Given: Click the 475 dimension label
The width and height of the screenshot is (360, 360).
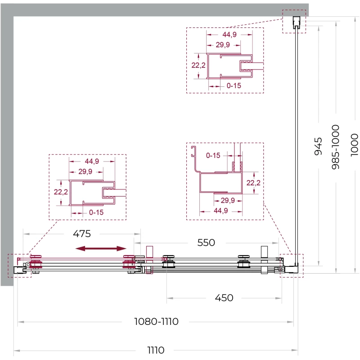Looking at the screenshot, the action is coord(82,234).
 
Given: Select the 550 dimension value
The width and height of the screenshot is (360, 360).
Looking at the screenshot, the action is coord(206,243).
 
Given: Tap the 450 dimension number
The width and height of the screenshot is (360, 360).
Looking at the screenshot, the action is coord(224,298).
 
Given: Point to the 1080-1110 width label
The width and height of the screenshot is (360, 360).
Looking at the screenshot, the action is coord(156,321).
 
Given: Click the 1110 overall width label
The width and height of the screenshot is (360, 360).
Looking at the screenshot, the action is coord(156,350).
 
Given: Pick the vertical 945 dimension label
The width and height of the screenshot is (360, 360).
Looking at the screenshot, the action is coord(318,146).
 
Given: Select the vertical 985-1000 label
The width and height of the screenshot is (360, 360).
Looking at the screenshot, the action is coord(335,147).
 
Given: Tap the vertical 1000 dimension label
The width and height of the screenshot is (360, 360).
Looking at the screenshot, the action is coord(354,145).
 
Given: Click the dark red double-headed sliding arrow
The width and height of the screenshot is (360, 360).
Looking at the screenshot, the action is coord(101,248).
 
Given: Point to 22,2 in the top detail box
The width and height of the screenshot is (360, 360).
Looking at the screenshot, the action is coord(198,65).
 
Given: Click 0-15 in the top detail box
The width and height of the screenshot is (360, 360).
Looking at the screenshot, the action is coord(234,85).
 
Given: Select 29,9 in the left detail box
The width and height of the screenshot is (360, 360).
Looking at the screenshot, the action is coord(85,171).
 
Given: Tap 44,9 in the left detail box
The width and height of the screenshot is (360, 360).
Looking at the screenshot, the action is coord(92,161).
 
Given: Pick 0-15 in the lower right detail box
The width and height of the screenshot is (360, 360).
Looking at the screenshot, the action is coord(213,155).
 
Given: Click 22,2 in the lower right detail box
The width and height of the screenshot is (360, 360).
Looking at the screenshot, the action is coord(253,183).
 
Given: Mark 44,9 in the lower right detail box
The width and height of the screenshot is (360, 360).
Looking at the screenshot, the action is coord(220,211).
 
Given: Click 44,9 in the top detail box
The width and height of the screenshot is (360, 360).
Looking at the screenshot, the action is coord(229,35).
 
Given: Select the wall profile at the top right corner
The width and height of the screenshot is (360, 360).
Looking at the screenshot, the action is coord(296,22).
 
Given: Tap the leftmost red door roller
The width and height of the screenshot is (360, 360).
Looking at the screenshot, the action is coord(36,261).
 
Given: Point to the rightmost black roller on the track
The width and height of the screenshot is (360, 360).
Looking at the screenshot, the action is coord(243,261).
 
